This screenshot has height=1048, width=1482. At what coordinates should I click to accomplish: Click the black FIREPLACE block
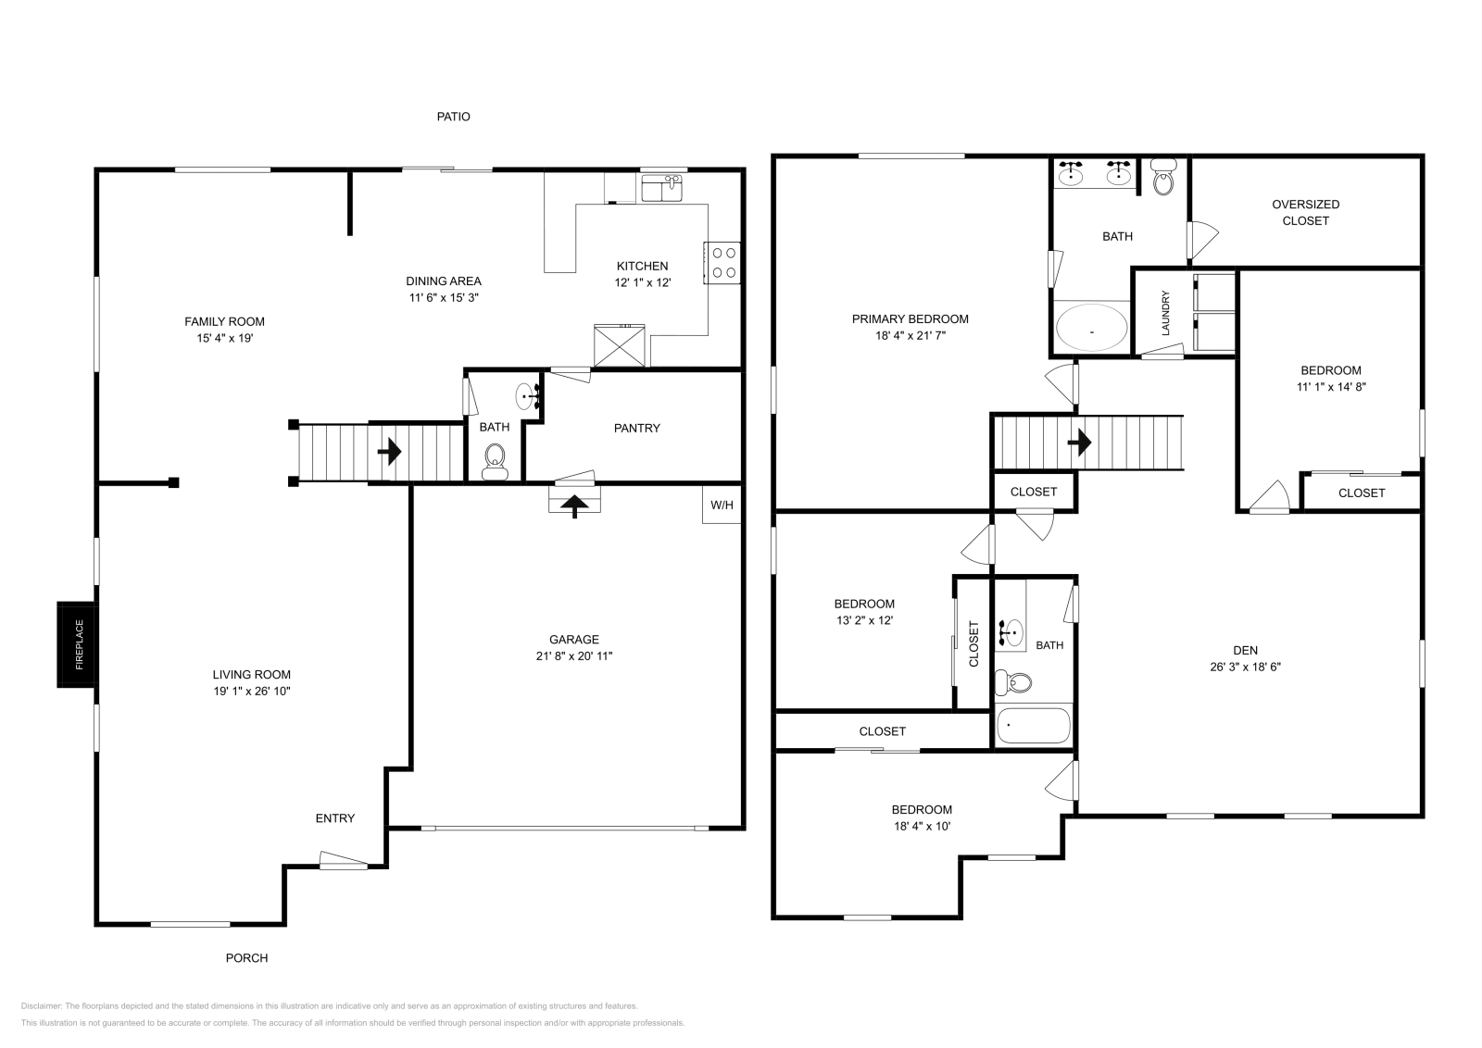(x=77, y=644)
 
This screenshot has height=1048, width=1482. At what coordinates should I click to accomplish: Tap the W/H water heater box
(x=722, y=505)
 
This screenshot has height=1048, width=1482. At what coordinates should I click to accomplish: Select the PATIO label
(x=453, y=117)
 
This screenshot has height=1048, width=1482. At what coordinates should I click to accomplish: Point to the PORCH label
(x=246, y=957)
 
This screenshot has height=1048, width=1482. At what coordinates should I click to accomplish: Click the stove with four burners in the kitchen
(x=722, y=263)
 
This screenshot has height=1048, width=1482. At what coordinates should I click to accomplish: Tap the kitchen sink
(x=662, y=187)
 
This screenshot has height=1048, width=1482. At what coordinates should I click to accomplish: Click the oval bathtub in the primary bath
(x=1092, y=328)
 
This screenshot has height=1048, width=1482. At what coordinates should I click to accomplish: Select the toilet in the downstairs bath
(x=495, y=462)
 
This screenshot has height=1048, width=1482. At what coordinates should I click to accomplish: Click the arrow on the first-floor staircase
(x=390, y=452)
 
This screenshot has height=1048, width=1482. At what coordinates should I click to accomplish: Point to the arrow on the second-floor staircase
(x=1079, y=443)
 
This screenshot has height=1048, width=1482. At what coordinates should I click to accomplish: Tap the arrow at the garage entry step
(x=574, y=505)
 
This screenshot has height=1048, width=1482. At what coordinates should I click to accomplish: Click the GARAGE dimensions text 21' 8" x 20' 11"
(x=574, y=655)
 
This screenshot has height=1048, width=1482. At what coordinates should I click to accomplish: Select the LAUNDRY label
(x=1165, y=313)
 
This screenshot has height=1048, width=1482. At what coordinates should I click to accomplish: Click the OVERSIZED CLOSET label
(x=1305, y=212)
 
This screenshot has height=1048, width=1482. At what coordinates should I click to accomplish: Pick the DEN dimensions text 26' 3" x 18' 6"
(x=1245, y=667)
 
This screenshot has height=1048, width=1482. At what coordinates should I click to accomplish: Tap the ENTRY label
(x=334, y=817)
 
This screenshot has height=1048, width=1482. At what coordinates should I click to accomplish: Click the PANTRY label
(x=636, y=428)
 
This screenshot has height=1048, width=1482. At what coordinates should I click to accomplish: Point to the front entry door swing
(x=344, y=860)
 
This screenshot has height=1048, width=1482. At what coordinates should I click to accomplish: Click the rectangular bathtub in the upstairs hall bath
(x=1034, y=725)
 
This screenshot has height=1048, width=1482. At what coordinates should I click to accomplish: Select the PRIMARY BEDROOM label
(x=910, y=318)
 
